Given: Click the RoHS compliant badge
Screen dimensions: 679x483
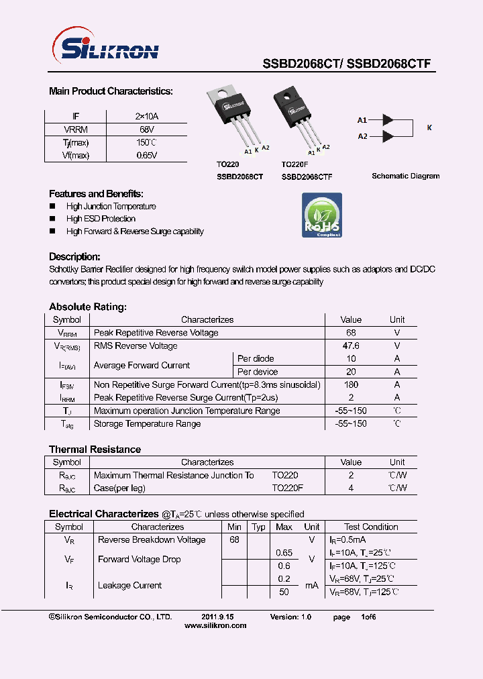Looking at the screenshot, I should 321,215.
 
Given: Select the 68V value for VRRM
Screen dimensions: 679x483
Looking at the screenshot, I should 147,129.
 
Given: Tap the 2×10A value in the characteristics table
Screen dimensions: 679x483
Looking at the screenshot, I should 147,116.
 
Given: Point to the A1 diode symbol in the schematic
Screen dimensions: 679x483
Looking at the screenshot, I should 387,120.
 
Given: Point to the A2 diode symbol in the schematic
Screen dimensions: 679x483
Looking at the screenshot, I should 387,136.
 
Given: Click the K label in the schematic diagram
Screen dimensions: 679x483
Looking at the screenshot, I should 429,127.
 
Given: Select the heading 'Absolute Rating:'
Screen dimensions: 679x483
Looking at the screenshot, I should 87,307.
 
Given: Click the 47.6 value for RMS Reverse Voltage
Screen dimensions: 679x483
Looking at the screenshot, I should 351,346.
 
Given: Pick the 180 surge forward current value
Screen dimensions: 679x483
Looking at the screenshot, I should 351,385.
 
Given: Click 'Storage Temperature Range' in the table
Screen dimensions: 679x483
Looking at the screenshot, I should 147,424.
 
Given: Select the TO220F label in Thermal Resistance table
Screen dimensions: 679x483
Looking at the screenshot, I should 287,488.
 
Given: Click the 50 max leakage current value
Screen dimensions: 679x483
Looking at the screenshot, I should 284,592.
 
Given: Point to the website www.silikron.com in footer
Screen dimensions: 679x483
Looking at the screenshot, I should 215,625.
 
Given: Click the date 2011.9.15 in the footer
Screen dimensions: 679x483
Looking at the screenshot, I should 217,617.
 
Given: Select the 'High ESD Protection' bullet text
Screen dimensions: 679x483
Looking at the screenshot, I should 101,219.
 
